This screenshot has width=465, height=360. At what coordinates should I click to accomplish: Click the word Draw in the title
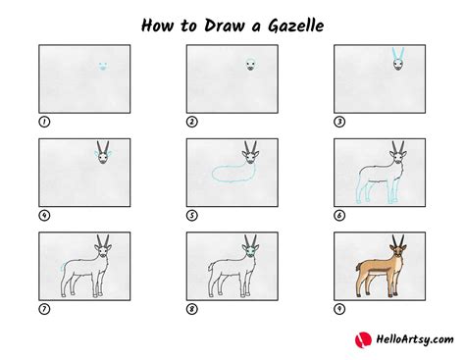pos(210,22)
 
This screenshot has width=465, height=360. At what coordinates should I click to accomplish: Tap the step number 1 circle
pos(43,122)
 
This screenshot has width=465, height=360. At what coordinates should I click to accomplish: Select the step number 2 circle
pos(192,122)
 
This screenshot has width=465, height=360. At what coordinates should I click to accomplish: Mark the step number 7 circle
pos(43,310)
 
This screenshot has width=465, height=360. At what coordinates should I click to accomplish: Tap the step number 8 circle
pos(192,310)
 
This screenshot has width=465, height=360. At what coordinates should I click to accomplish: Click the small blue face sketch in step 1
pos(102,68)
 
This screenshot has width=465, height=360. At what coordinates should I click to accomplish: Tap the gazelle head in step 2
pos(250,67)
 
